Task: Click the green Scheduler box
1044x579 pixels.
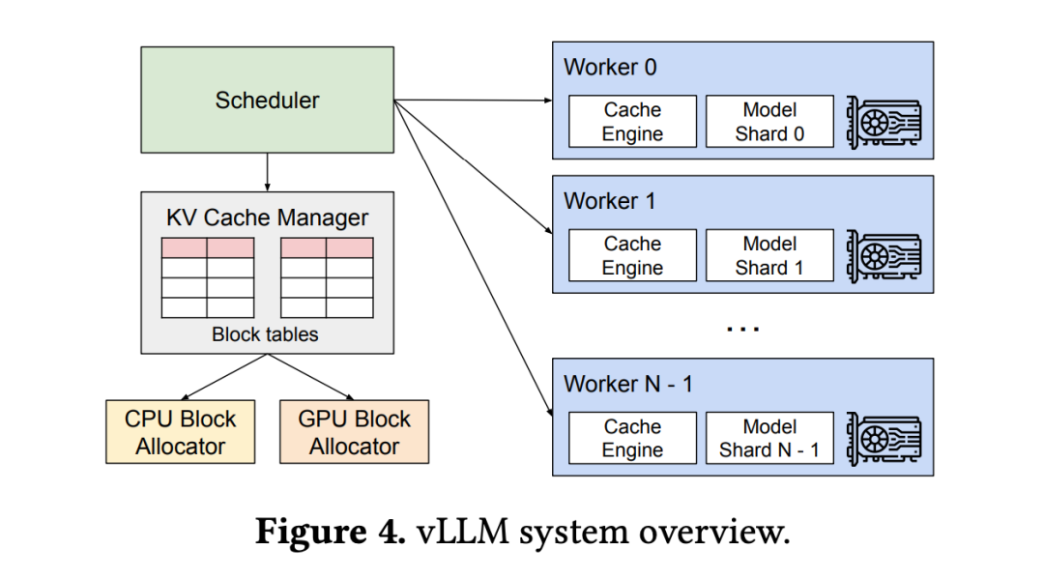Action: [x=267, y=100]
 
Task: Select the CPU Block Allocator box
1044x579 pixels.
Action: [x=180, y=432]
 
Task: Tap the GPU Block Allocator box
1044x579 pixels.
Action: [x=354, y=432]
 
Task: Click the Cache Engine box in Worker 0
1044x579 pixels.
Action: [x=632, y=122]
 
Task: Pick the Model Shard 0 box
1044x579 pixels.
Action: [x=769, y=122]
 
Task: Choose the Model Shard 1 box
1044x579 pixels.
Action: [x=769, y=256]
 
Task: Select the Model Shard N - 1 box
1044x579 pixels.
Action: [x=769, y=438]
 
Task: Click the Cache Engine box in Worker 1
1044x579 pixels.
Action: [x=632, y=256]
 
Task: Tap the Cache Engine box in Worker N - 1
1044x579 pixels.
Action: [x=632, y=438]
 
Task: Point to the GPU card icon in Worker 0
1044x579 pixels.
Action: [x=883, y=123]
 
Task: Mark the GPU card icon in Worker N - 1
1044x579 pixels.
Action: [x=883, y=439]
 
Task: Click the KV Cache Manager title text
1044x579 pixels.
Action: [x=267, y=217]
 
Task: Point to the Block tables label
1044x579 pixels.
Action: [x=266, y=335]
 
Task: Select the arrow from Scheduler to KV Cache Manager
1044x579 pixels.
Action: [x=267, y=172]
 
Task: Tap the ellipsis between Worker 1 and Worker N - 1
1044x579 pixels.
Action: [x=742, y=329]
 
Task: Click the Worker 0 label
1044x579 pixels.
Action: [x=609, y=67]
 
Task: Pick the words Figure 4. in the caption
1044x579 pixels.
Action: [x=330, y=533]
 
